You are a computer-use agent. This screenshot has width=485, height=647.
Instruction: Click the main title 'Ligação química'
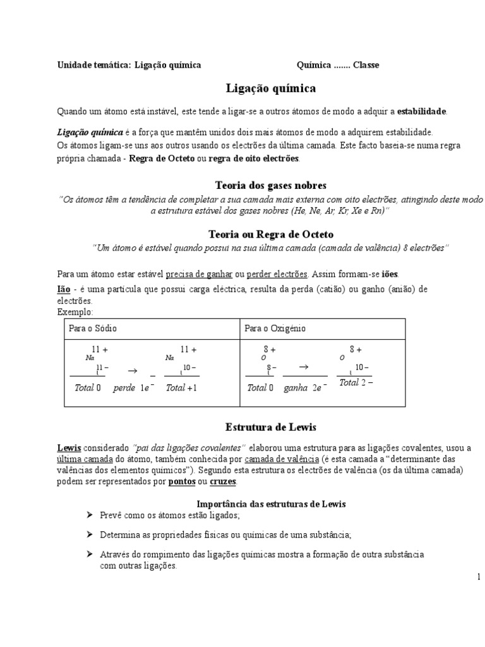(271, 88)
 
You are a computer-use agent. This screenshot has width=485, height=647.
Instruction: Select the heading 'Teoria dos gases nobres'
(271, 185)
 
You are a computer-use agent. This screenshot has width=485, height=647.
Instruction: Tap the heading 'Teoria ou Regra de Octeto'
(271, 234)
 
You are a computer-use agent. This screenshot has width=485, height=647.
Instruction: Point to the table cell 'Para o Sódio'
(93, 329)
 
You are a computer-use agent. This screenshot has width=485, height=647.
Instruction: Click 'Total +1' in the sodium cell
(182, 388)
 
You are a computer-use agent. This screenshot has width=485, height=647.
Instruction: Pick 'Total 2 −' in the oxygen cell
(352, 383)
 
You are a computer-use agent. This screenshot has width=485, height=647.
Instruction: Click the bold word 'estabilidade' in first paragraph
(422, 112)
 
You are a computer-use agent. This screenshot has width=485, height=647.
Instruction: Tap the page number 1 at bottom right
(479, 576)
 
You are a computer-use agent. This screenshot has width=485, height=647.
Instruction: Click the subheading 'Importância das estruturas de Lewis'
(271, 504)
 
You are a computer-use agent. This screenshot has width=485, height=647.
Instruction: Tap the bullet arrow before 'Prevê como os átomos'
(90, 516)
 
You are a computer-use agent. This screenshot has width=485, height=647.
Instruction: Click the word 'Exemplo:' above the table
(75, 312)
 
